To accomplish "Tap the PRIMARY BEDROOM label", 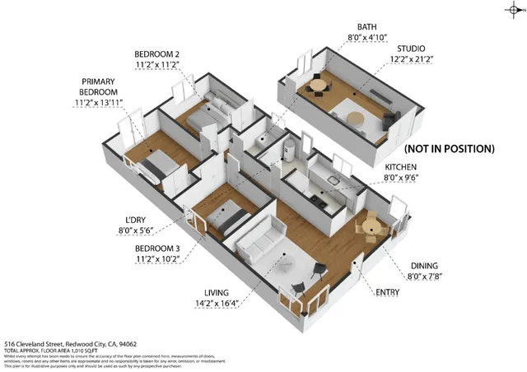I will tap(99, 86).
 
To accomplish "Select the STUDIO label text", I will tap(412, 49).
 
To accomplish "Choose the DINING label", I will tap(424, 266).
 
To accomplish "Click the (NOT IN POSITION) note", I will tap(449, 149).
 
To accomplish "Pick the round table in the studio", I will tap(317, 85).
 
